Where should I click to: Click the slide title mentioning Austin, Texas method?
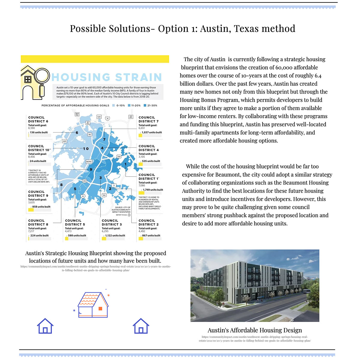tap(182, 28)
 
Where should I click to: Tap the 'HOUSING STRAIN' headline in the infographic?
tap(107, 77)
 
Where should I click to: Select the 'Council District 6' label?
tap(38, 119)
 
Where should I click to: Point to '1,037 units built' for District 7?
tap(151, 132)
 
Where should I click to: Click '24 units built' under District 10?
tap(38, 161)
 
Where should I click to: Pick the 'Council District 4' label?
tap(148, 148)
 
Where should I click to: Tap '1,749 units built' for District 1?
tap(153, 190)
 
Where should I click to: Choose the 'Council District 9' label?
tap(38, 194)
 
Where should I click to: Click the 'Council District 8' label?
tap(38, 223)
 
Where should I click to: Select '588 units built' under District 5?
tap(77, 235)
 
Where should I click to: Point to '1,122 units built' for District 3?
tap(115, 235)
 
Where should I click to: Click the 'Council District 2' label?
tap(148, 223)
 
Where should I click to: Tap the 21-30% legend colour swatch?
tap(145, 106)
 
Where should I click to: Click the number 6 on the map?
tap(77, 133)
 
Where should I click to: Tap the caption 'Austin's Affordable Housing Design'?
tap(255, 330)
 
